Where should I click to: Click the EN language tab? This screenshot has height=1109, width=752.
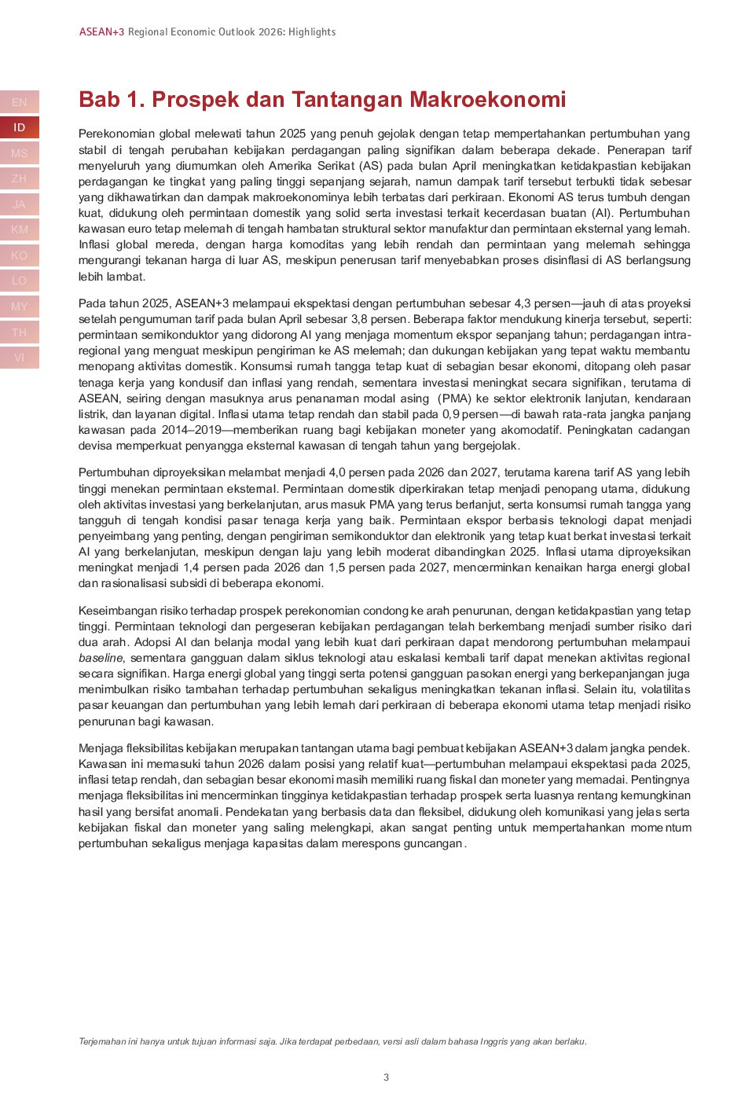click(x=20, y=102)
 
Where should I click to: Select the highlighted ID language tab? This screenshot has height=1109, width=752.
click(x=20, y=127)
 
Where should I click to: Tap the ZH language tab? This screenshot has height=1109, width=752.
click(x=20, y=178)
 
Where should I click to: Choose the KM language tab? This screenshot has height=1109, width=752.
click(x=20, y=230)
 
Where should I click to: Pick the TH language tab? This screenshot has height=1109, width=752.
click(x=20, y=332)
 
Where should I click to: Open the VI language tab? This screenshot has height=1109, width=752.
click(x=20, y=358)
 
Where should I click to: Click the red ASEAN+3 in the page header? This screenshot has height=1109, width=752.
click(x=101, y=32)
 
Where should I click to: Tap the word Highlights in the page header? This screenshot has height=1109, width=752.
click(x=312, y=32)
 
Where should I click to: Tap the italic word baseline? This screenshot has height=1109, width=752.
click(x=101, y=658)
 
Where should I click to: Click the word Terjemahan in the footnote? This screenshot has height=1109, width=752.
click(x=101, y=1041)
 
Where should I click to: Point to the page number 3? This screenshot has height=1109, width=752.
click(x=386, y=1078)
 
